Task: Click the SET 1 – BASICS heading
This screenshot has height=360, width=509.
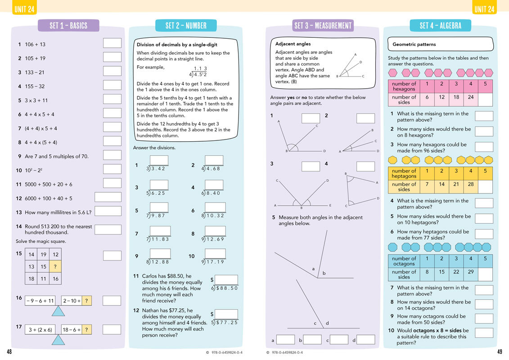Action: pos(68,26)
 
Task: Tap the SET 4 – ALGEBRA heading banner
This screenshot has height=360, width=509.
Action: pos(440,26)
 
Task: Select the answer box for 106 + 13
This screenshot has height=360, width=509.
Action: pos(112,43)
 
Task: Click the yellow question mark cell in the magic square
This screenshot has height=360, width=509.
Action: pos(55,266)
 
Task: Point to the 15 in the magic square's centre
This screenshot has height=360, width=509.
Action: pos(43,266)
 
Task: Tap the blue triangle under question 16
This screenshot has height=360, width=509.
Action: pos(59,312)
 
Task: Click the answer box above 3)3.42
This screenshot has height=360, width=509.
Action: pos(159,161)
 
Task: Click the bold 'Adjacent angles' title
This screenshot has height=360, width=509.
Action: pos(293,44)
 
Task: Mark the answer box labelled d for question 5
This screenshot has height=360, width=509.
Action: pos(365,340)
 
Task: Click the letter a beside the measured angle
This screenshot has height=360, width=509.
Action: pos(313,269)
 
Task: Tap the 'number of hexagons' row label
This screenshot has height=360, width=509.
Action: pos(404,86)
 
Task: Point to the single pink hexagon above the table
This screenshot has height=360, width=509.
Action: pos(392,72)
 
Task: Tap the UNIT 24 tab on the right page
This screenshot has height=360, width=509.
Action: pos(484,9)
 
